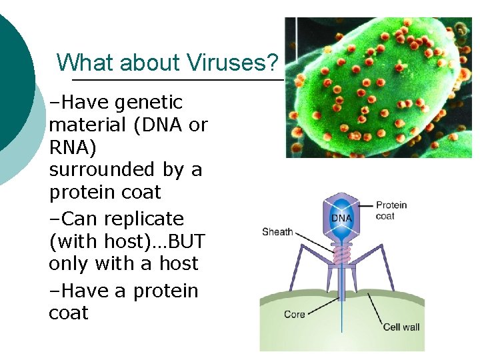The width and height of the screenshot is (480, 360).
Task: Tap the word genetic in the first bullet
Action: (149, 103)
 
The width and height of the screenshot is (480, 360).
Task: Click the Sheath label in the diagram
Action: (277, 232)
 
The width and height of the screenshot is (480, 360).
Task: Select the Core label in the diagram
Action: (295, 314)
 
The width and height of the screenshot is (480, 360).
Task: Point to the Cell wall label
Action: (401, 327)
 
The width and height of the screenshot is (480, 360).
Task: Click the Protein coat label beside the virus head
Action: (391, 210)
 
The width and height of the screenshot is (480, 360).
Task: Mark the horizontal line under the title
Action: (177, 80)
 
